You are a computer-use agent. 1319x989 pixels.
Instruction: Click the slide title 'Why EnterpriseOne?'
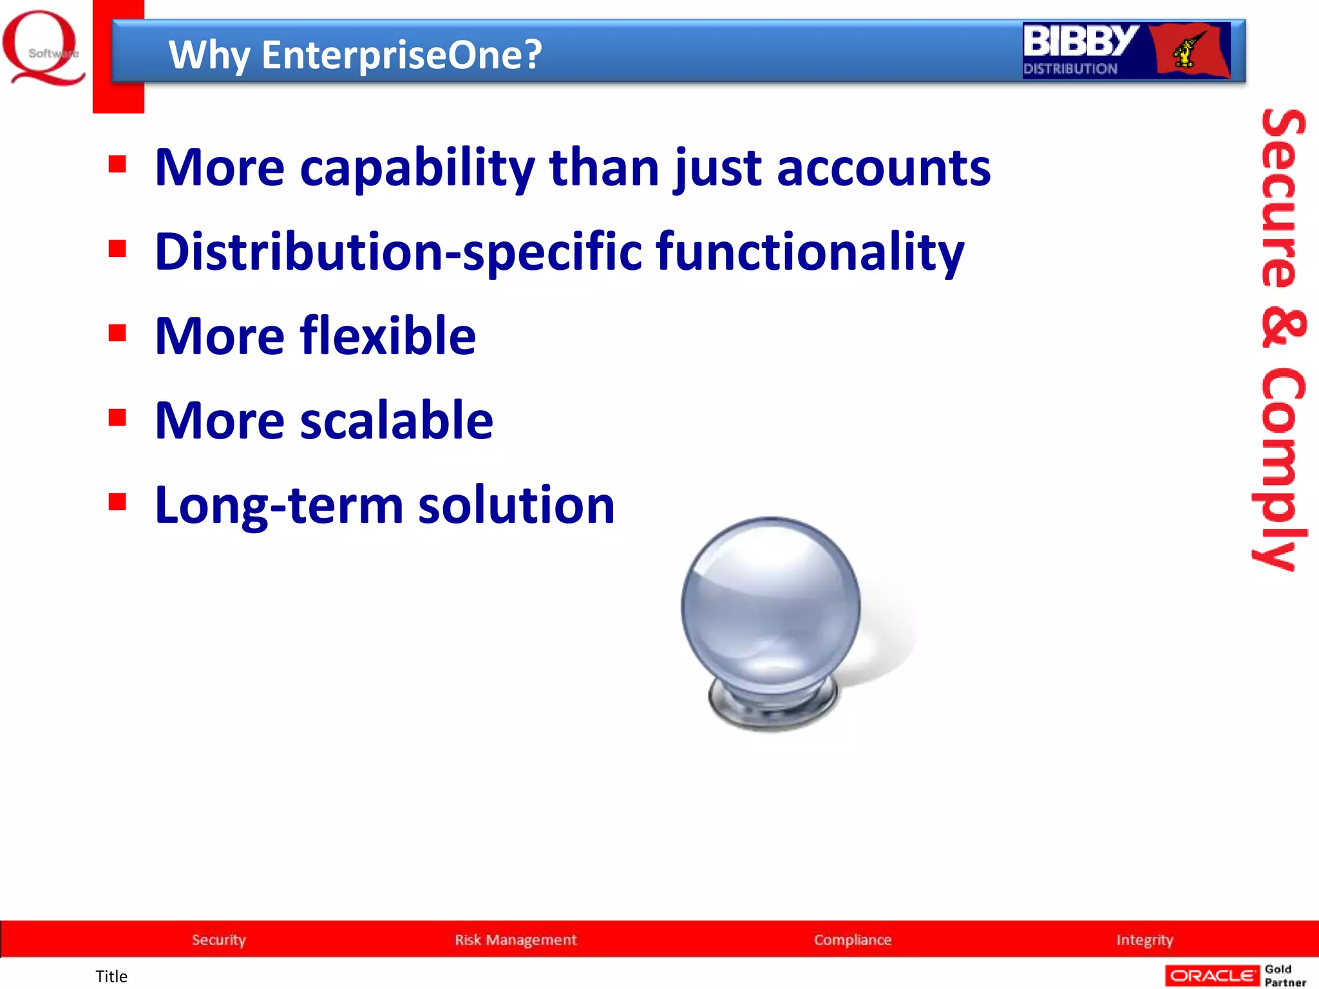tap(355, 55)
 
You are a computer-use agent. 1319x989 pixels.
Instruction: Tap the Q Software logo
tap(43, 48)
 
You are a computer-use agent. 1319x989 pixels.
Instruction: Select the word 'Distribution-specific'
tap(398, 252)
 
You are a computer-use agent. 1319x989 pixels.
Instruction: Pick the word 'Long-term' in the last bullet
tap(278, 505)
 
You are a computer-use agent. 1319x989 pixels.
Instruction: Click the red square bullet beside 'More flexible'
tap(117, 333)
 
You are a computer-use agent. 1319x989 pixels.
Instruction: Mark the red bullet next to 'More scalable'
tap(117, 417)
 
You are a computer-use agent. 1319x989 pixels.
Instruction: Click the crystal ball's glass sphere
tap(771, 605)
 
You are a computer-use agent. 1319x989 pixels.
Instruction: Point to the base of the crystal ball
tap(773, 705)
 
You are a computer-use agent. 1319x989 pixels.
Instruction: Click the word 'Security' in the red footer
tap(219, 939)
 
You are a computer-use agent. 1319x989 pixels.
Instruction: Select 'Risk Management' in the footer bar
tap(515, 939)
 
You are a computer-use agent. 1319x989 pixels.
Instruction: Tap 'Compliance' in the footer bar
tap(852, 939)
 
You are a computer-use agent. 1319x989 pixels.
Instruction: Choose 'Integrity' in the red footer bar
tap(1144, 939)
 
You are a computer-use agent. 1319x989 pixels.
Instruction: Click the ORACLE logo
tap(1211, 975)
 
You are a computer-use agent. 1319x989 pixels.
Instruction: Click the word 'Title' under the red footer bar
tap(111, 976)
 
